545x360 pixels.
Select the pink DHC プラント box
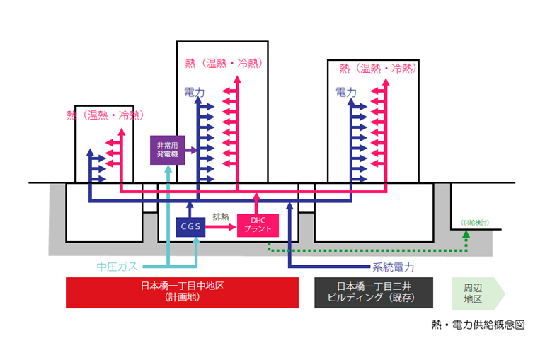258,226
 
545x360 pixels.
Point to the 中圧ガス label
118,267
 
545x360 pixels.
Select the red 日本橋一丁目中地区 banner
183,292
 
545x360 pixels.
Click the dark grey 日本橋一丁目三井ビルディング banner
374,292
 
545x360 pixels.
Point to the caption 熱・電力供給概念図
478,325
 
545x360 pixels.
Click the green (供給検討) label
474,222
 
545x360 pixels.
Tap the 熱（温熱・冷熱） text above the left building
104,115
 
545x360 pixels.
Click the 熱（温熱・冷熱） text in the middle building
222,63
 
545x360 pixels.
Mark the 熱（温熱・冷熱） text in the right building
377,68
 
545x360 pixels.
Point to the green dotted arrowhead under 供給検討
466,236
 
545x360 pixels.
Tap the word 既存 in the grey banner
408,298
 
